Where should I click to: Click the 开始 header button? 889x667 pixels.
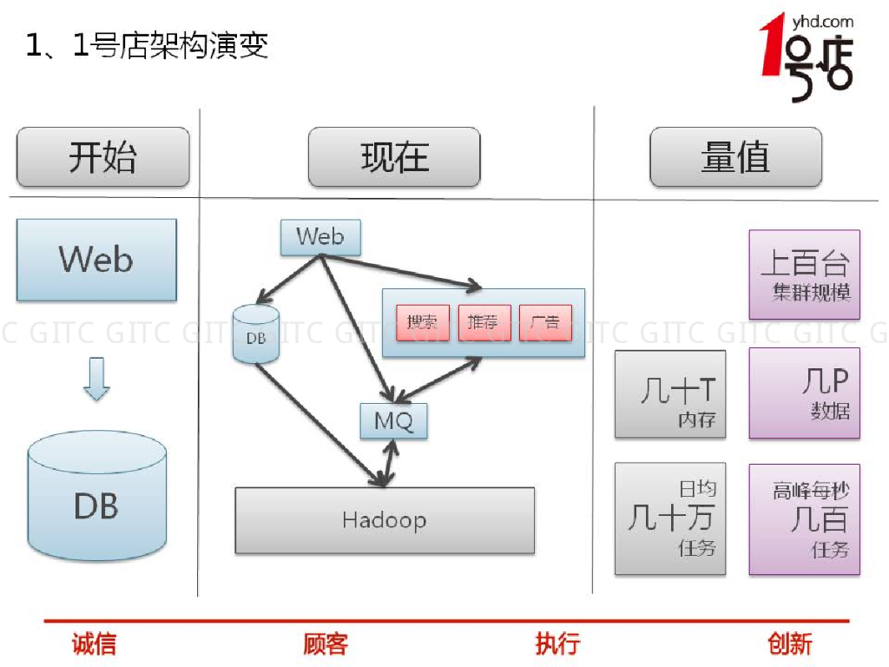[102, 157]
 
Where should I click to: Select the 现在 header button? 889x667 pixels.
[394, 157]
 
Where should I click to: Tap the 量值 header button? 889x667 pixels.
[735, 157]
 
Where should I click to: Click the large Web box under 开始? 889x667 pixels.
[96, 260]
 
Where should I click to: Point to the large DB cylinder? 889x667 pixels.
[96, 497]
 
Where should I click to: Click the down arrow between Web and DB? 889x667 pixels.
[96, 379]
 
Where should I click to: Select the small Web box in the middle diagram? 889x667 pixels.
[319, 237]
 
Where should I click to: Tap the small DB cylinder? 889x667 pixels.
[256, 335]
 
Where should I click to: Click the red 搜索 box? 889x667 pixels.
[423, 323]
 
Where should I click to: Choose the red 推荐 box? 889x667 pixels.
[484, 323]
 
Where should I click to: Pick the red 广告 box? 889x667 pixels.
[545, 323]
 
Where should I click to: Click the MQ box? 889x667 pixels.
[394, 421]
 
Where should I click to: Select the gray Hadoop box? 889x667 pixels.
[385, 520]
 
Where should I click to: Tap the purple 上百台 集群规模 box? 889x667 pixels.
[805, 274]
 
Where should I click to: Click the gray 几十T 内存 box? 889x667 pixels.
[670, 393]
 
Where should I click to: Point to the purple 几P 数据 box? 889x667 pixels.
[805, 393]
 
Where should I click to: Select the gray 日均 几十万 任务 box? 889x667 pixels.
[670, 518]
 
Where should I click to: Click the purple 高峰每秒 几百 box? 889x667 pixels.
[805, 518]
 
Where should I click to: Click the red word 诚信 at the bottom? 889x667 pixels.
[94, 644]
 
